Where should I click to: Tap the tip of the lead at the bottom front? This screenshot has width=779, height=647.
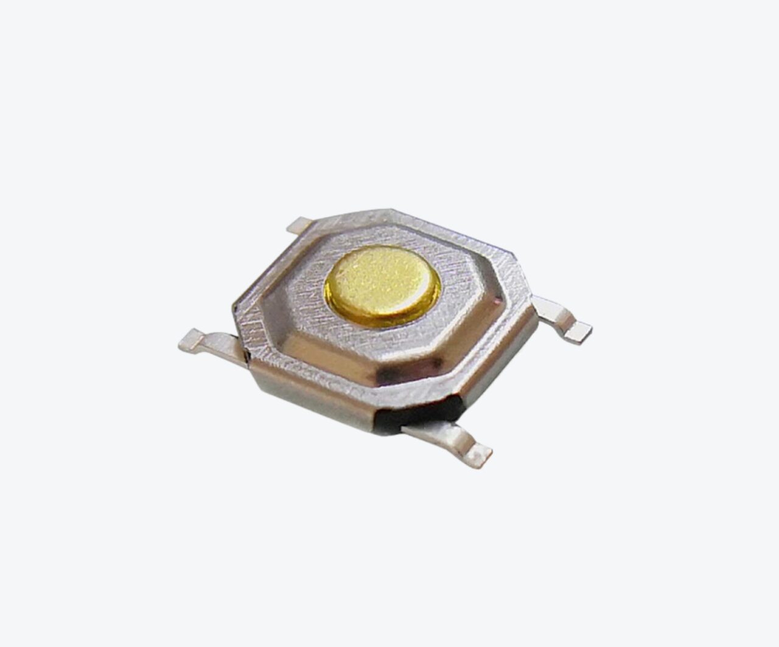(481, 458)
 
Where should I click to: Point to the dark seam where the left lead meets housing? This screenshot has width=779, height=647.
(245, 352)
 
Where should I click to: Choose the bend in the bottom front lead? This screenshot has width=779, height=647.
(459, 436)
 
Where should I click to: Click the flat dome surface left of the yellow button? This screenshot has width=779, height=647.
(304, 286)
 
